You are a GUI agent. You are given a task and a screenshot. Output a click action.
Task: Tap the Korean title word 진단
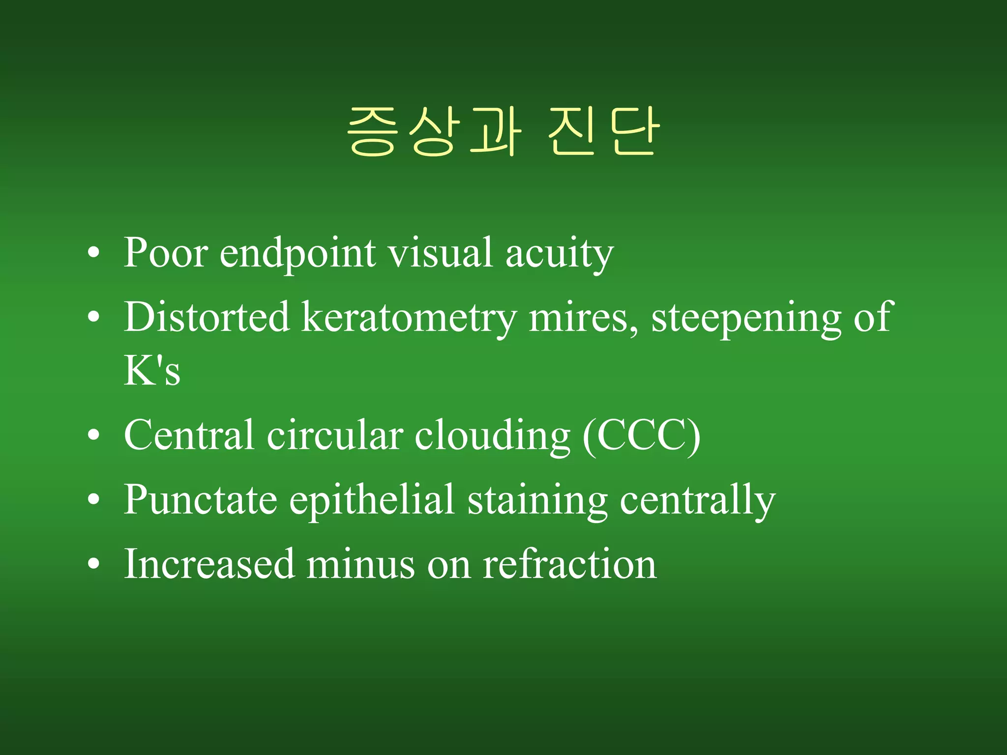(603, 132)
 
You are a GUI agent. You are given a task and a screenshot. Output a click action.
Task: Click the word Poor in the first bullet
(165, 253)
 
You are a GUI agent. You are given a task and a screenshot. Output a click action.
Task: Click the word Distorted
(207, 317)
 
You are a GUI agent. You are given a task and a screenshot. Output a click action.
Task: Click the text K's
(152, 371)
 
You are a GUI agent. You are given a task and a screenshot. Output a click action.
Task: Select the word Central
(189, 435)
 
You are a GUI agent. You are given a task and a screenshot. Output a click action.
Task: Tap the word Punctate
(201, 500)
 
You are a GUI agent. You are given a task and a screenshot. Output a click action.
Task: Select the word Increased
(209, 564)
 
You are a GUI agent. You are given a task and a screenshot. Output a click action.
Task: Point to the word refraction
(569, 564)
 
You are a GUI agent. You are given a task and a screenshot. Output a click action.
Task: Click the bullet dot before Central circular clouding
(93, 436)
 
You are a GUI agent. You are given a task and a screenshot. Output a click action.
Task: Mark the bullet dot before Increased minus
(93, 564)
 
